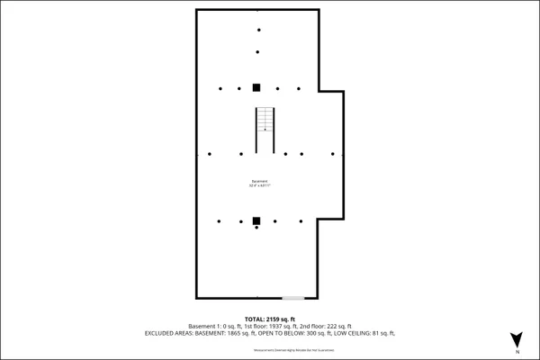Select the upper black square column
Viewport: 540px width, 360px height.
[256, 87]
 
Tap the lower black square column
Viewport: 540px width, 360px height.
[256, 220]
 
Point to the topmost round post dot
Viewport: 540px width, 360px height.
[257, 31]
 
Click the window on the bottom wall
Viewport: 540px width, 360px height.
[292, 298]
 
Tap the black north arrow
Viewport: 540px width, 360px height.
[516, 339]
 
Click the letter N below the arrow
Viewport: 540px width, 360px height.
[516, 353]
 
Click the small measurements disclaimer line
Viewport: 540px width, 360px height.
[270, 349]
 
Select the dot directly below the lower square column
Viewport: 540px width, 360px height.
[256, 228]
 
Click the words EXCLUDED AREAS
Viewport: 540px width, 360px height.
[166, 333]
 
